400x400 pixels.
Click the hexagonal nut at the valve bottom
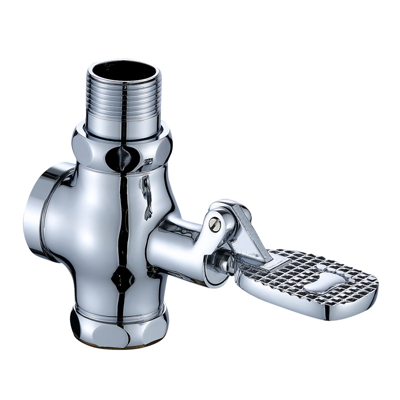click(x=120, y=325)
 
